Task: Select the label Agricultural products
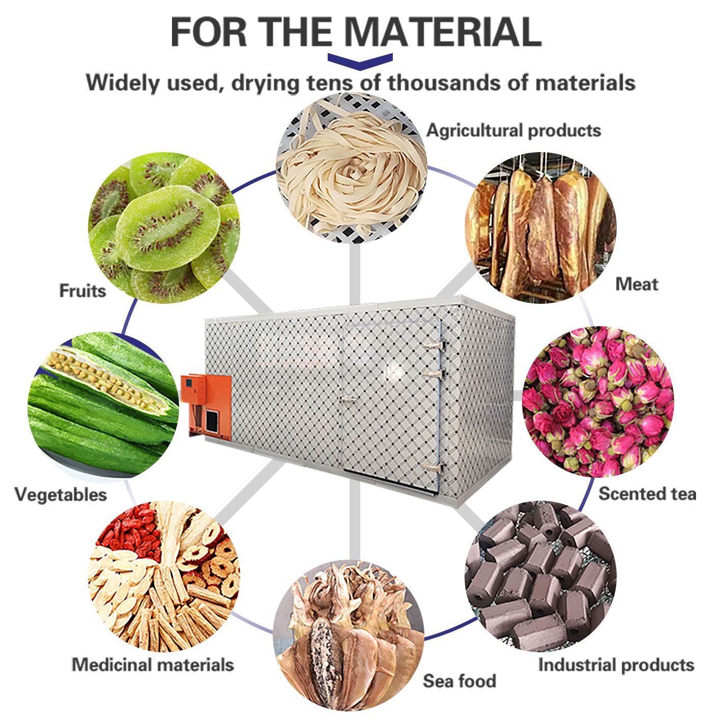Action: click(513, 130)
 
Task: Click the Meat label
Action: click(637, 284)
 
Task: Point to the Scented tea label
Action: click(647, 494)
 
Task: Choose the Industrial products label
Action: click(616, 665)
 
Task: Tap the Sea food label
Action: click(459, 681)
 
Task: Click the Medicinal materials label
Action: click(153, 665)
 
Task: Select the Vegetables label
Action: click(61, 495)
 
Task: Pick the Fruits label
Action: click(82, 291)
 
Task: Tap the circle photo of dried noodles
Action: click(351, 168)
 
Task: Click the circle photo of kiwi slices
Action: click(164, 227)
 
